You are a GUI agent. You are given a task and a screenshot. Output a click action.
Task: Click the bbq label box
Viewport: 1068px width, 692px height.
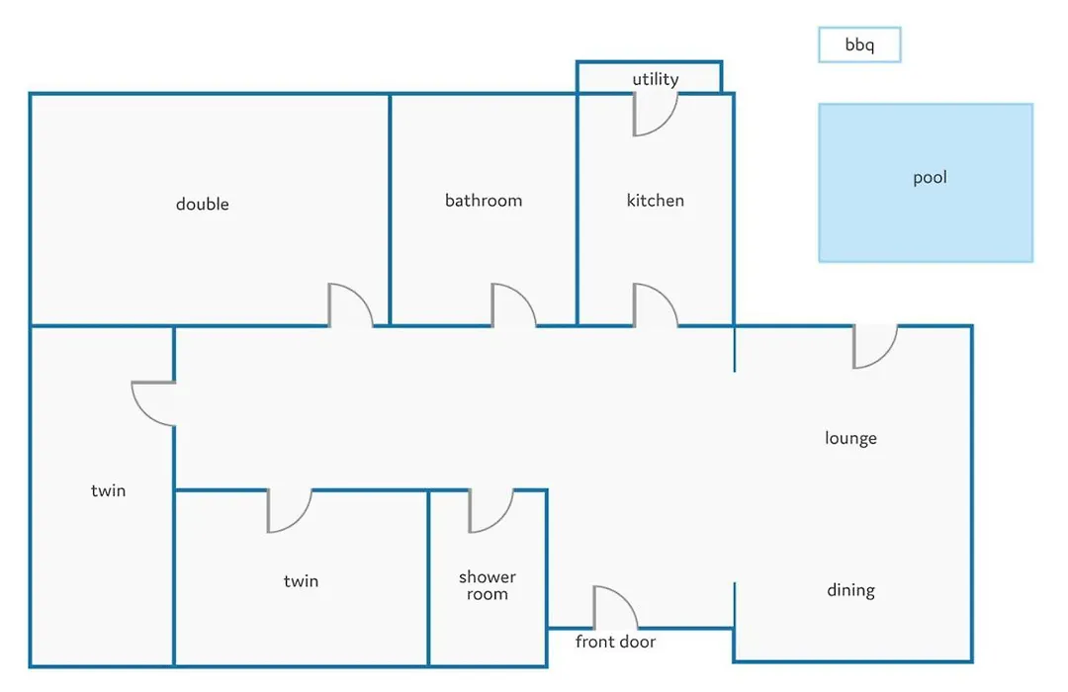859,44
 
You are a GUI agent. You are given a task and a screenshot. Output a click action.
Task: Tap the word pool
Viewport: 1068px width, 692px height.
930,178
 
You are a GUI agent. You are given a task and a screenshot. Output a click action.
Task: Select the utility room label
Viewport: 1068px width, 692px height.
656,79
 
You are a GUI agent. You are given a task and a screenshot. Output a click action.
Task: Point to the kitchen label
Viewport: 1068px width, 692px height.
656,201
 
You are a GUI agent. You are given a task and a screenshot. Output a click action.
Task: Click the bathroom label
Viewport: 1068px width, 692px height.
484,201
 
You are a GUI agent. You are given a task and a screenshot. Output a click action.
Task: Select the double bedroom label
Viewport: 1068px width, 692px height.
203,204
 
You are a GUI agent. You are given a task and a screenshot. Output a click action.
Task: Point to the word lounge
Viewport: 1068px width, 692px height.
850,438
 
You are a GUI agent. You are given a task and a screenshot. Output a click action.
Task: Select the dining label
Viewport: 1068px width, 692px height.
850,590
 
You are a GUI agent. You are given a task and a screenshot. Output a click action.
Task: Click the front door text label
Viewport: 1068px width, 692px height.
615,642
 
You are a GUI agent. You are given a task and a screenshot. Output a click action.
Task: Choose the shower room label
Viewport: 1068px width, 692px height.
487,585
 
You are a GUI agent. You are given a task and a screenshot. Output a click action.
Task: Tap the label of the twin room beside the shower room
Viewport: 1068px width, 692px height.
301,581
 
